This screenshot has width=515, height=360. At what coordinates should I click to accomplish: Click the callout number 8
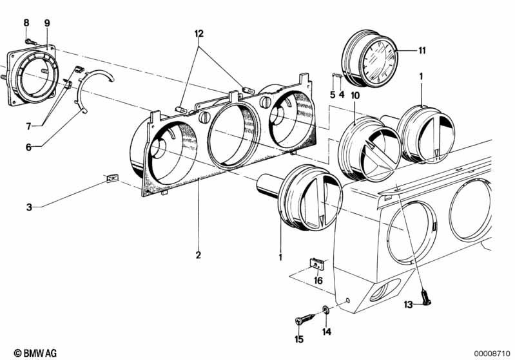coord(26,23)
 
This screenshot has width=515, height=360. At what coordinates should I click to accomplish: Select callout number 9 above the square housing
coord(46,23)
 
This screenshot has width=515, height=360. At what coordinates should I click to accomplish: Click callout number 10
coord(355,95)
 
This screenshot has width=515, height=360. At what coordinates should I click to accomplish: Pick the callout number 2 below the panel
coord(199,255)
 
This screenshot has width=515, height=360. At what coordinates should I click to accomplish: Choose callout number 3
coord(28,207)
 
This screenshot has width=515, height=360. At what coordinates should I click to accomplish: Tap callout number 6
coord(28,147)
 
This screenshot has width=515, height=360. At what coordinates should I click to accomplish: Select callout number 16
coord(318,281)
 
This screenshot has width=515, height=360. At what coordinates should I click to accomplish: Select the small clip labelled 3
coord(112,179)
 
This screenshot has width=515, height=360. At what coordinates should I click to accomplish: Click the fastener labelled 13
coord(426,297)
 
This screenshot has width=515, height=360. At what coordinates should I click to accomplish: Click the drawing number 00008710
coord(492,353)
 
